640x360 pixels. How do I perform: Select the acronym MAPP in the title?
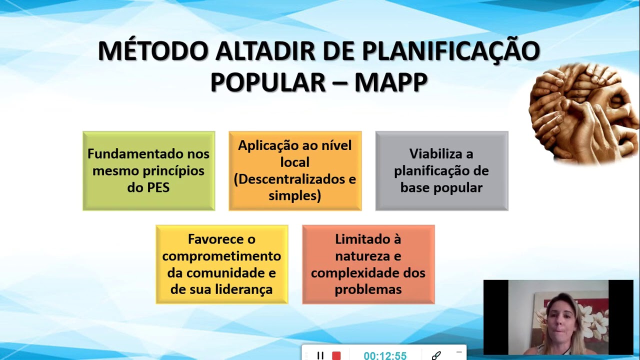390,82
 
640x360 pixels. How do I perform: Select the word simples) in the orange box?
294,195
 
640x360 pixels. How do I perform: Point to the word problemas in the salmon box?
368,289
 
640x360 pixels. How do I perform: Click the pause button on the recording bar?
320,355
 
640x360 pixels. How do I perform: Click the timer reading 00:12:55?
385,355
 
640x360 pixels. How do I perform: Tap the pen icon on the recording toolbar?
436,355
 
